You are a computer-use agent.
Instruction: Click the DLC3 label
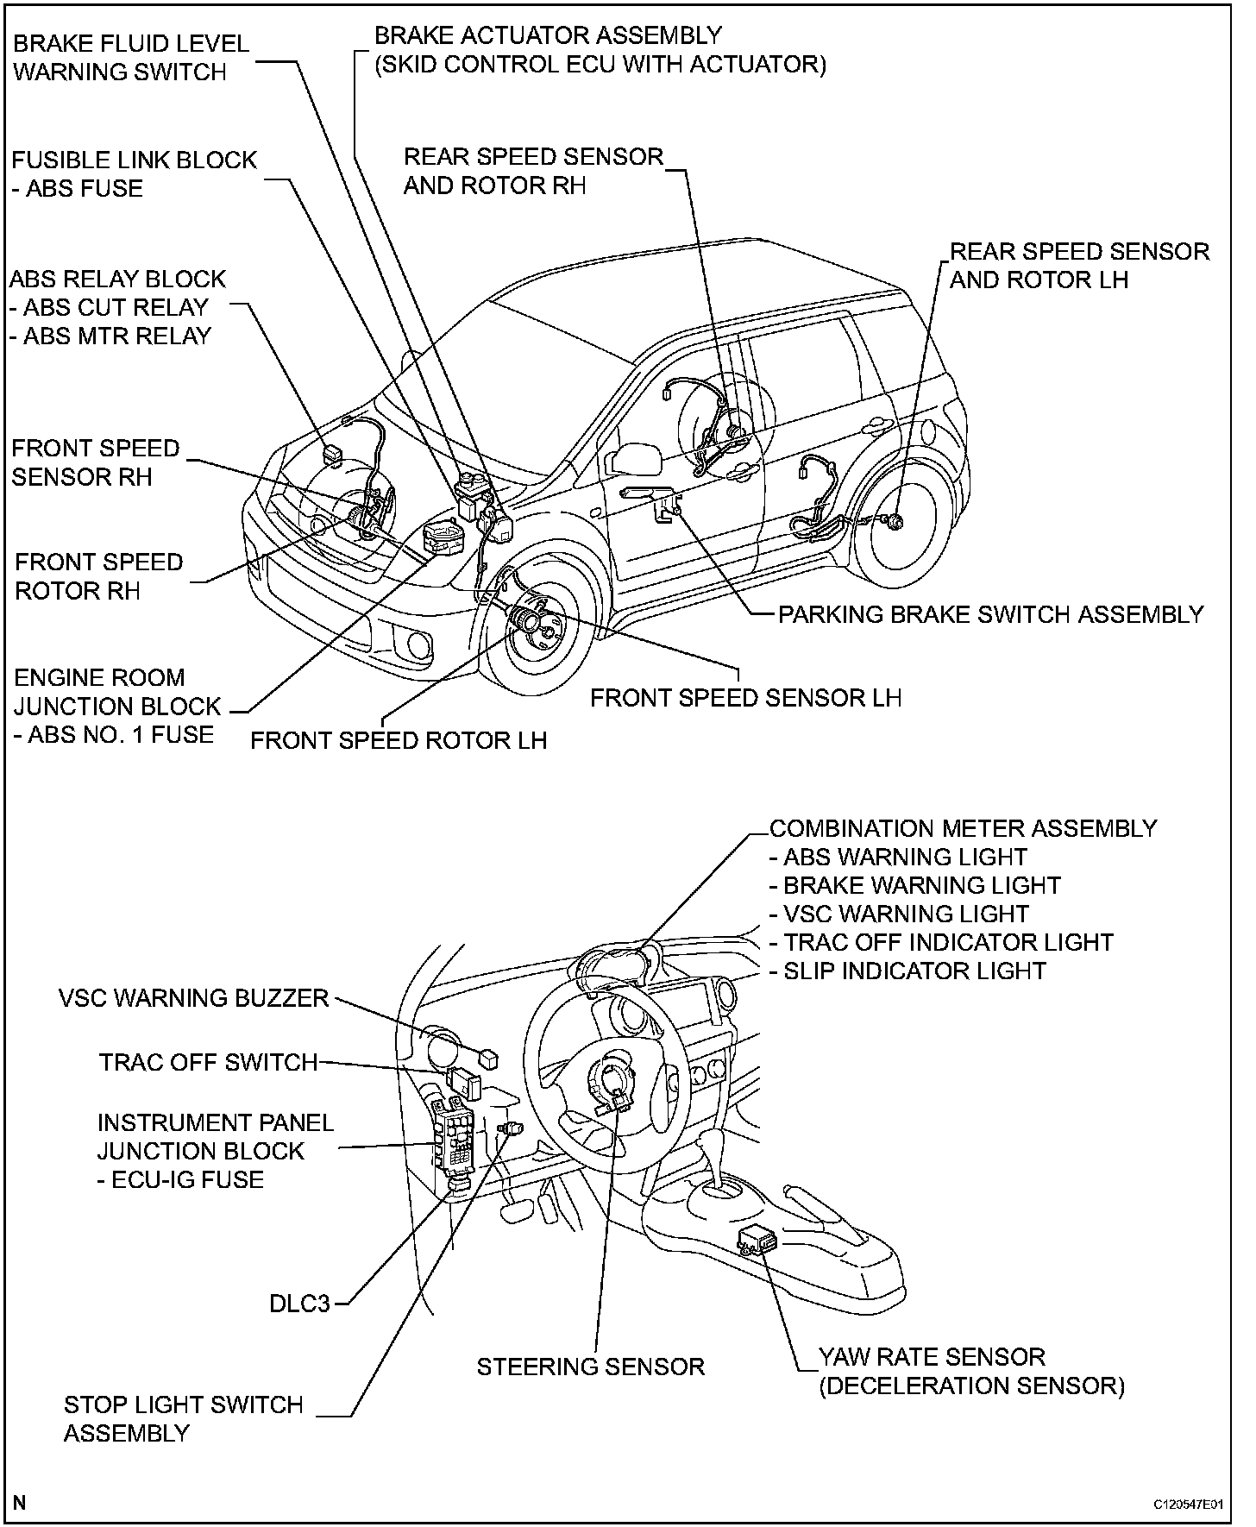click(299, 1303)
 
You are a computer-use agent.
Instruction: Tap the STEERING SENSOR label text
click(591, 1367)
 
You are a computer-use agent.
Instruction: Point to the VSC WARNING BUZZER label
click(194, 998)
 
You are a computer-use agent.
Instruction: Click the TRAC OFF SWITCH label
click(209, 1062)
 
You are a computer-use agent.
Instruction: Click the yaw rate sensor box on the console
click(757, 1240)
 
